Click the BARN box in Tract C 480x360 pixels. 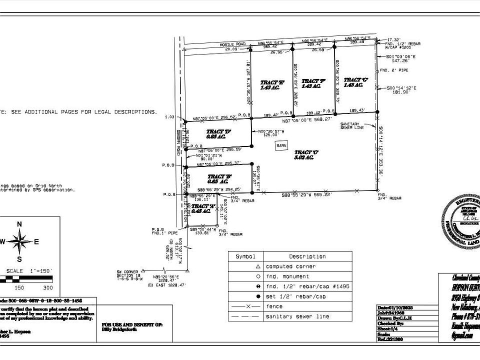(282, 145)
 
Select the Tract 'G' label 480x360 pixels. (355, 80)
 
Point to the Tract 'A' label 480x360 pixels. (200, 206)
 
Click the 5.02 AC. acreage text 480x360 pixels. (303, 158)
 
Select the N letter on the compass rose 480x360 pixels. (19, 224)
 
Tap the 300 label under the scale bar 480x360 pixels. (47, 287)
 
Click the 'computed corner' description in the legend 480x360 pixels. (286, 266)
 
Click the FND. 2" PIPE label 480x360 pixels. (394, 70)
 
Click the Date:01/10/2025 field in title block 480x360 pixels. (395, 307)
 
